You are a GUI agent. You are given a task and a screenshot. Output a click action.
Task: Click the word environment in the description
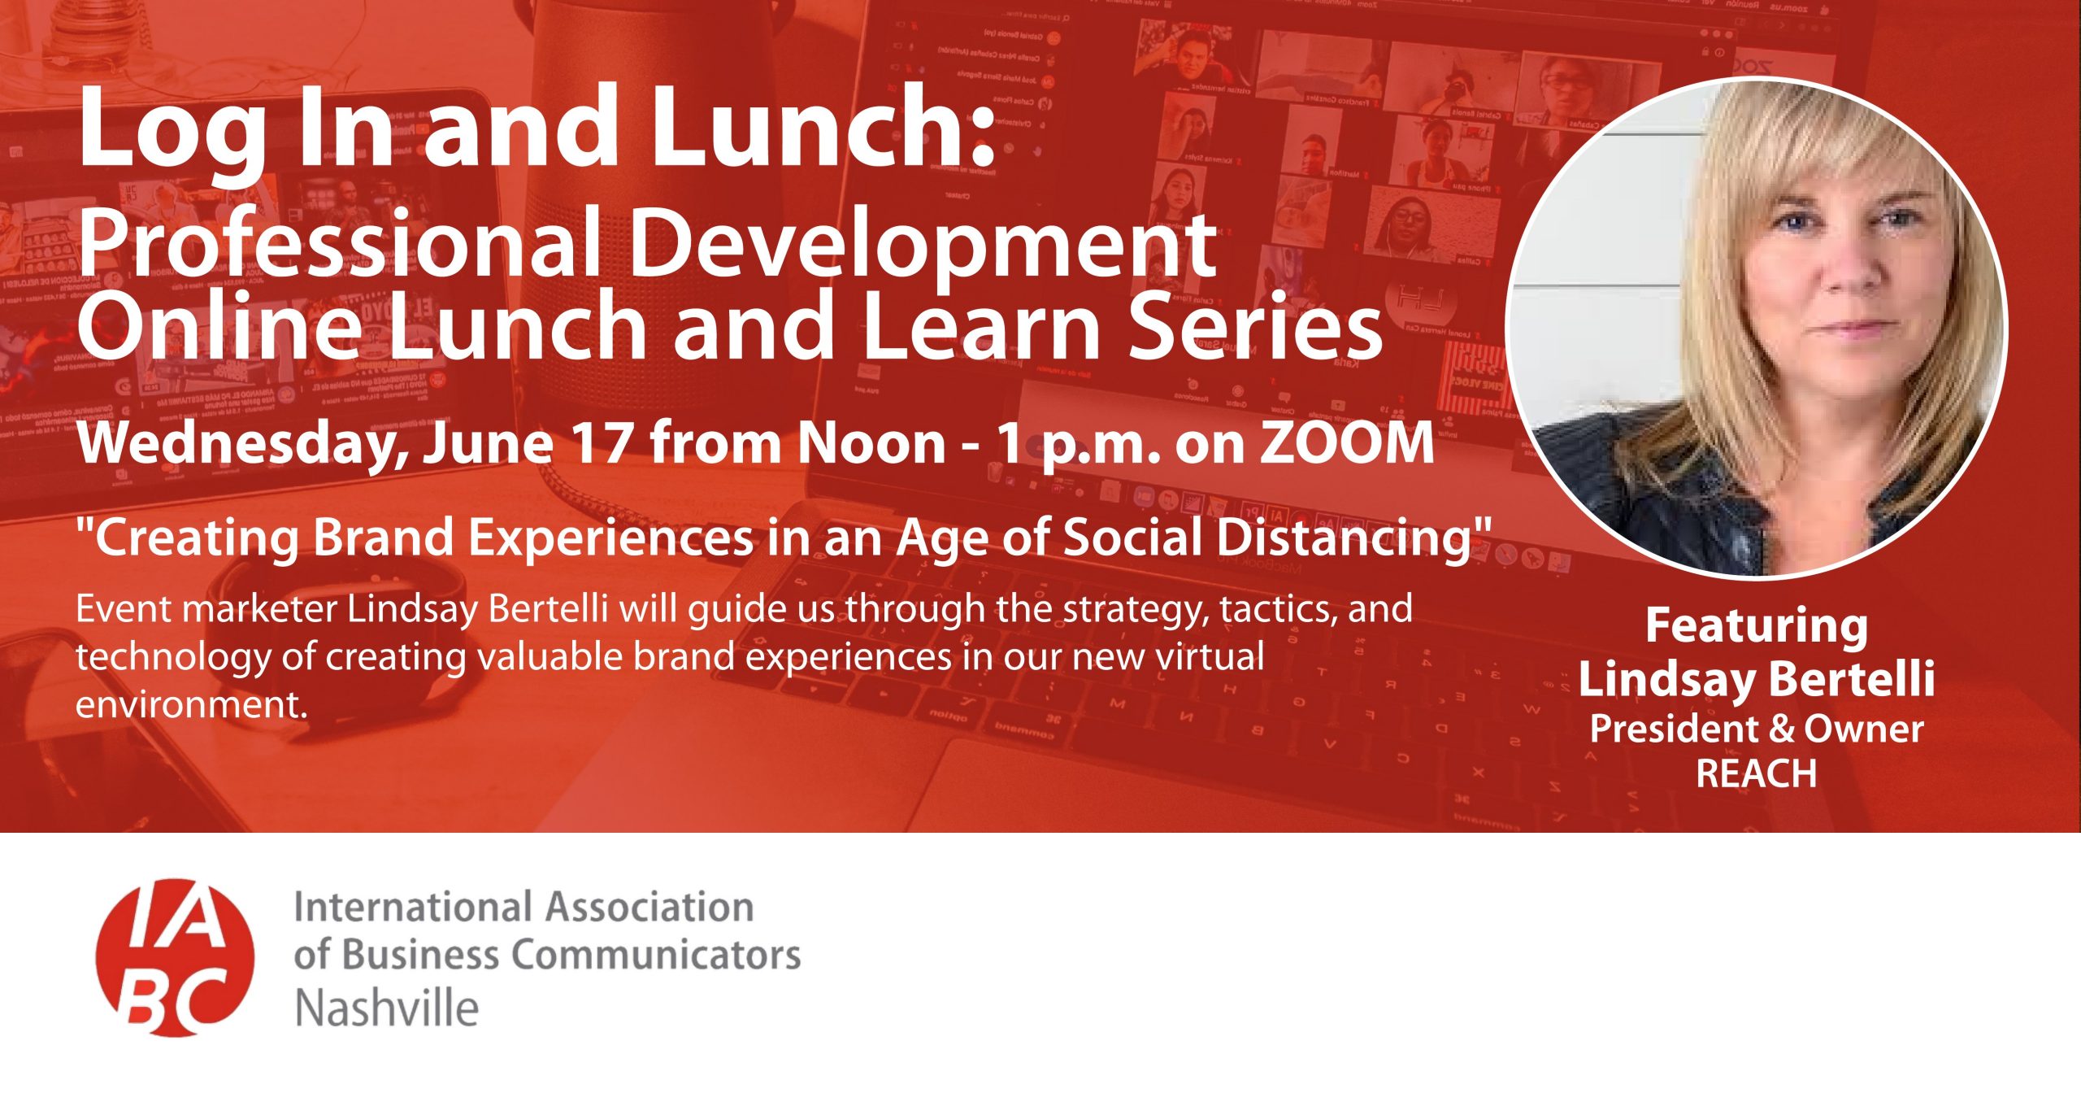(191, 704)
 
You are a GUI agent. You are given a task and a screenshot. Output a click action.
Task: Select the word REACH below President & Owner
(1757, 773)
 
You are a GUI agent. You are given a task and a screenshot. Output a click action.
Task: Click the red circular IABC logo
(175, 957)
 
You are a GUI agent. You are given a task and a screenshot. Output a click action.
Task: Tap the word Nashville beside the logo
(387, 1008)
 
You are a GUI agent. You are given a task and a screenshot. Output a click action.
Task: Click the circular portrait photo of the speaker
(1757, 329)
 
